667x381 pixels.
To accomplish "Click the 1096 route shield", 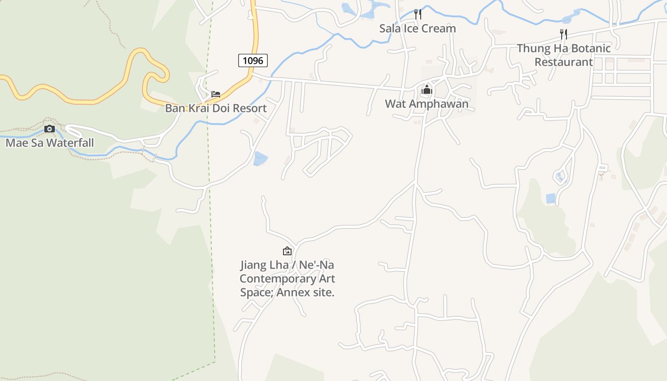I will (253, 60).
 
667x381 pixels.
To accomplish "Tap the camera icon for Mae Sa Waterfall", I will (49, 129).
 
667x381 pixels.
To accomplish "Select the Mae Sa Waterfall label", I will (50, 143).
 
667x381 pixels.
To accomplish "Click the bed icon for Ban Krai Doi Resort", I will (216, 94).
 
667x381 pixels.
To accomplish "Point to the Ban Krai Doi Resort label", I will (216, 108).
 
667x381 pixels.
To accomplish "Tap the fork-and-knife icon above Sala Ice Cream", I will (417, 14).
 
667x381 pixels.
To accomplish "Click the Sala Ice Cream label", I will (417, 29).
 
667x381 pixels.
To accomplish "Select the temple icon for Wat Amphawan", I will (426, 90).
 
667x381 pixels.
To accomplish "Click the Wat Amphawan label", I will (426, 104).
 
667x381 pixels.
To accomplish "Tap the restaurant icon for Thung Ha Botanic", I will (564, 34).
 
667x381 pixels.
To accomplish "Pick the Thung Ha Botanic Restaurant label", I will (564, 55).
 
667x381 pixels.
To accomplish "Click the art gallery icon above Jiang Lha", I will (287, 251).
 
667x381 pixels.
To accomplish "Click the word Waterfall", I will (70, 143).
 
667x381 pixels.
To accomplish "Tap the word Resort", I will (250, 108).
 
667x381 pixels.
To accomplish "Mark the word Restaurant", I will (564, 62).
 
